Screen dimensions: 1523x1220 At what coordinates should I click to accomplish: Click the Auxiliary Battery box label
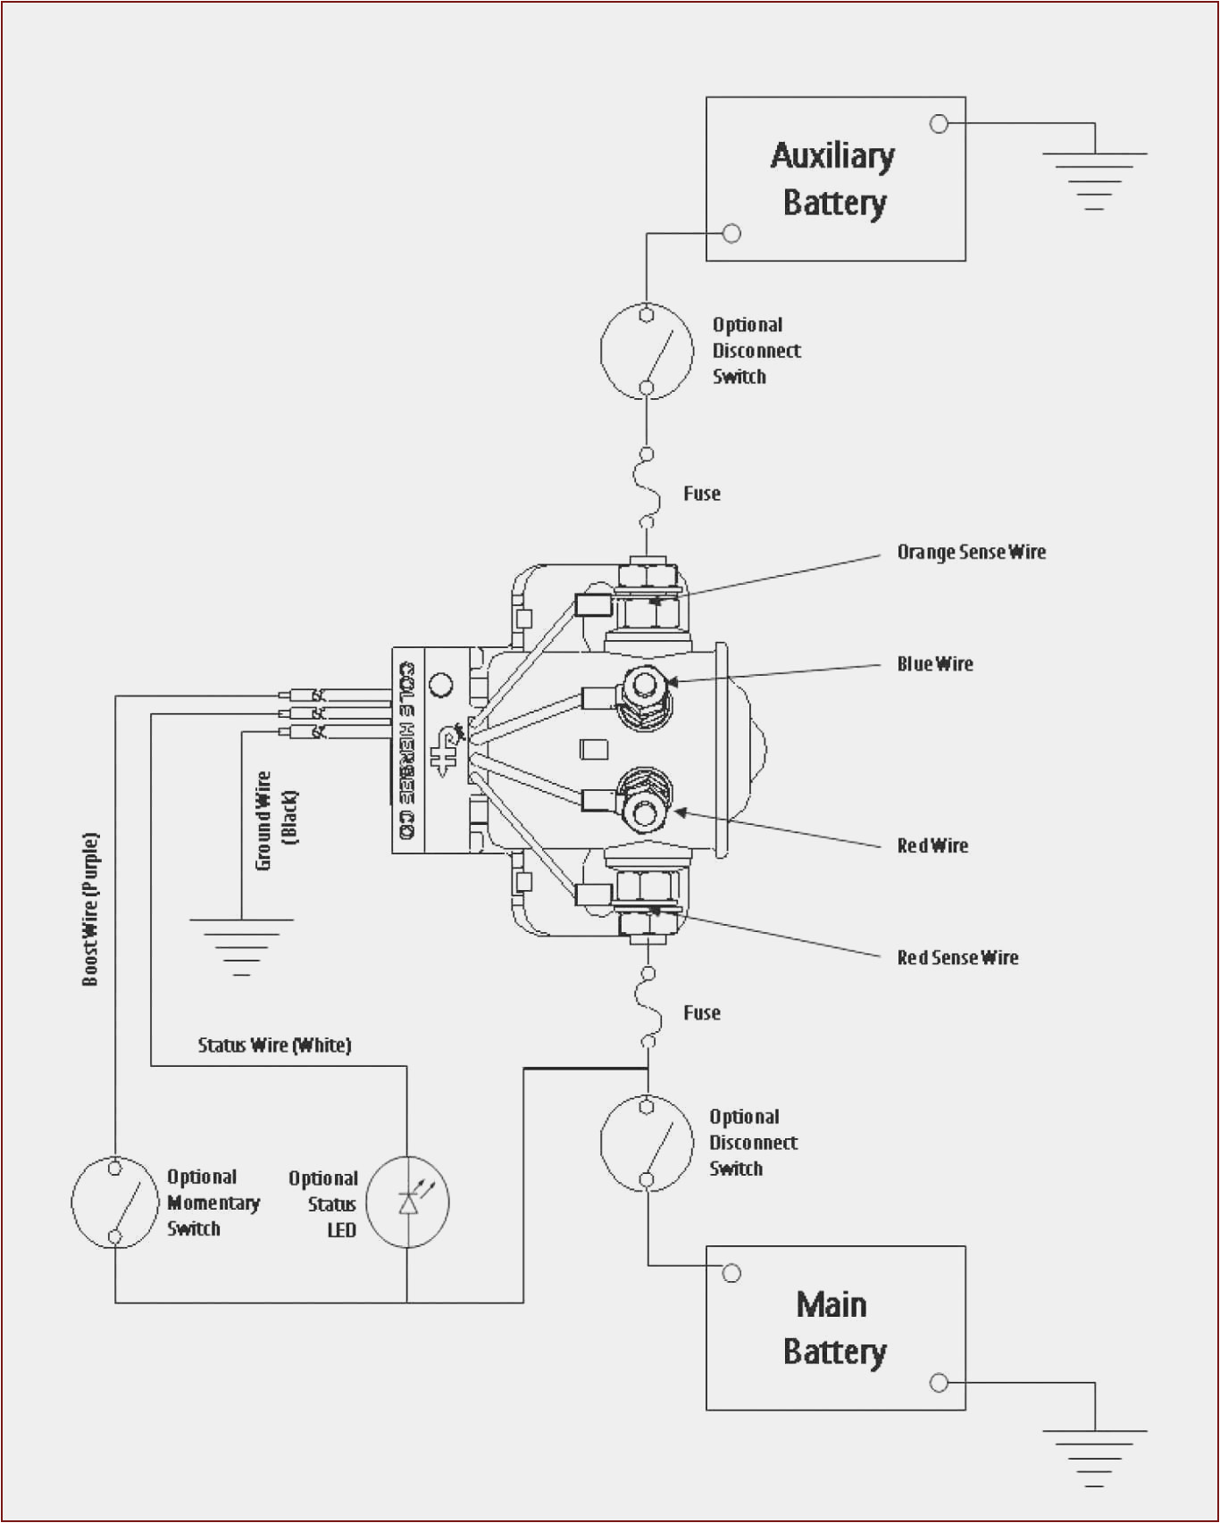click(833, 179)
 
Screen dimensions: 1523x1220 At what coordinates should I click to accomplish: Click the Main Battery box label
click(833, 1328)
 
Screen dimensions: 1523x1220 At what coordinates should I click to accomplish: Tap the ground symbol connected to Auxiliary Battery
click(1094, 179)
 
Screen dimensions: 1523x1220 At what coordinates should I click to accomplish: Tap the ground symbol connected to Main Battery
click(1094, 1456)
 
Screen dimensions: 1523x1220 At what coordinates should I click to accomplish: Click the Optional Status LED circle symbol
click(408, 1202)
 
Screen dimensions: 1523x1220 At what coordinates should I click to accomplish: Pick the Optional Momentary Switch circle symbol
click(114, 1202)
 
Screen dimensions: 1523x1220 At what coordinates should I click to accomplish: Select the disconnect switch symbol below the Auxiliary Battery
click(647, 351)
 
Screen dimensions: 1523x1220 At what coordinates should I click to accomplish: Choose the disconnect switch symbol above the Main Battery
click(647, 1143)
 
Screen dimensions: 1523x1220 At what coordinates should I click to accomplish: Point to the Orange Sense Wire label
click(971, 553)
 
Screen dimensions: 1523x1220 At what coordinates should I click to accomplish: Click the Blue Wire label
click(934, 664)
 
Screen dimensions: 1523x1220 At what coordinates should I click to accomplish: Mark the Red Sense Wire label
click(957, 958)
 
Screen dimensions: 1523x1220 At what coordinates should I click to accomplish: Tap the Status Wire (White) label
click(274, 1045)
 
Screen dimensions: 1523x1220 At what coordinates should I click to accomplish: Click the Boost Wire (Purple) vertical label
click(90, 909)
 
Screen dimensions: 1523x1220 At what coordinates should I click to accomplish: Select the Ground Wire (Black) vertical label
click(275, 820)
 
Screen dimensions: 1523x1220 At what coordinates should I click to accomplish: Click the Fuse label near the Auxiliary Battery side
click(701, 494)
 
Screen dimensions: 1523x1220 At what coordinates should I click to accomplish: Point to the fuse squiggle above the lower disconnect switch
click(648, 1007)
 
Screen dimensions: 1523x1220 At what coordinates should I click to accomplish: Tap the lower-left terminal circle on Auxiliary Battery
click(731, 234)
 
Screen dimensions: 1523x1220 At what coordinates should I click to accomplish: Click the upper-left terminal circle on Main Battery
click(731, 1273)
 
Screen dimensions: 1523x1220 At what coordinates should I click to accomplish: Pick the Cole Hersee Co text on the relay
click(407, 750)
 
